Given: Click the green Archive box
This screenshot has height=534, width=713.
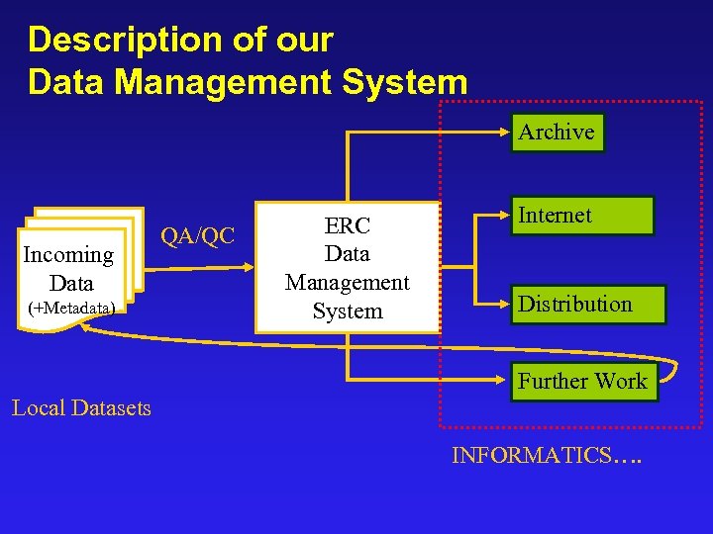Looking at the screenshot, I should point(558,133).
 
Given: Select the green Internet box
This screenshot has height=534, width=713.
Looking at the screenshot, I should point(582,216).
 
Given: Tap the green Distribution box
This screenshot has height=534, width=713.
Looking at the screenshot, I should point(589,305).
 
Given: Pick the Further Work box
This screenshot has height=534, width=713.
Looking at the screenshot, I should point(583,382).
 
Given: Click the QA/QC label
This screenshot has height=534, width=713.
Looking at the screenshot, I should point(198,236).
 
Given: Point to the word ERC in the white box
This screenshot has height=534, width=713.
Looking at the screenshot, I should point(348,225).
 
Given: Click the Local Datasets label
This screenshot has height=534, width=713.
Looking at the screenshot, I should point(81,407).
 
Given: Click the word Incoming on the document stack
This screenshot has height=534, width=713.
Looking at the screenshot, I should point(68,255).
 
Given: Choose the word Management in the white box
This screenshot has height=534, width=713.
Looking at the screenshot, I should point(348,283).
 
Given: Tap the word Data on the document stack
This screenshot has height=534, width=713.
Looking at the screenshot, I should point(70,282).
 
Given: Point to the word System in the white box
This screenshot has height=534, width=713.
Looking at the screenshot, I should point(348,311).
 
